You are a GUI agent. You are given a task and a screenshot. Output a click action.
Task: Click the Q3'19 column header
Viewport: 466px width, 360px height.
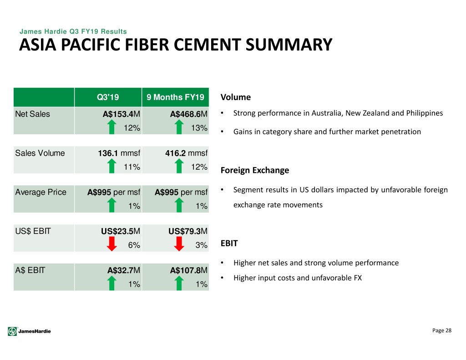coord(107,97)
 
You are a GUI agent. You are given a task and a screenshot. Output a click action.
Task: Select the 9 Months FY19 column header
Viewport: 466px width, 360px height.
coord(175,97)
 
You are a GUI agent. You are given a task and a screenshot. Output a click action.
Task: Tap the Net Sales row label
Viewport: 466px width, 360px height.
coord(32,114)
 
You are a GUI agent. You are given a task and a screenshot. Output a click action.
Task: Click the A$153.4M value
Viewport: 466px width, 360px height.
coord(121,114)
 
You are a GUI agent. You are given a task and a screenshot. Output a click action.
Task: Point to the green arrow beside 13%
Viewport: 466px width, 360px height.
coord(179,127)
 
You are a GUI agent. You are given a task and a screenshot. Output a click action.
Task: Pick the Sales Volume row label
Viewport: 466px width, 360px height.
coord(40,153)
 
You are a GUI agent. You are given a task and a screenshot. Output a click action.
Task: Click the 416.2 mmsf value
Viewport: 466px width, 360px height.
coord(186,153)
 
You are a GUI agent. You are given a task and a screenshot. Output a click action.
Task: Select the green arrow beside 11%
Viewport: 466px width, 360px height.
coord(112,166)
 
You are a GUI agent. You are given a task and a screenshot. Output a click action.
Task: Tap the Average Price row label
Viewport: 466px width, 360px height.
coord(41,192)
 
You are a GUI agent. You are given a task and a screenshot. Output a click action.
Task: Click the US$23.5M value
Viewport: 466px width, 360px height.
coord(120,231)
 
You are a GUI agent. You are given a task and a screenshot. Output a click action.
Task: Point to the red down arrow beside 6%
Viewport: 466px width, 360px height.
coord(112,244)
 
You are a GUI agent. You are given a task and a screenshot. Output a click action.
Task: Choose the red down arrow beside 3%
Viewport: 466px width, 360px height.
coord(179,244)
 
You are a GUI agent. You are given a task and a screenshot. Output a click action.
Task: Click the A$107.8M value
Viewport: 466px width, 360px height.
coord(189,270)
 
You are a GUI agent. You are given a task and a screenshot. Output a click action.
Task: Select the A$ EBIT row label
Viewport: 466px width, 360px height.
coord(30,270)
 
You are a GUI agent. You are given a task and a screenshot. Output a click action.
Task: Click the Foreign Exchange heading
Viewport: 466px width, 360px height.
coord(255,170)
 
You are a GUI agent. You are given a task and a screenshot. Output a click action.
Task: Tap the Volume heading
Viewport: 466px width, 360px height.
coord(236,97)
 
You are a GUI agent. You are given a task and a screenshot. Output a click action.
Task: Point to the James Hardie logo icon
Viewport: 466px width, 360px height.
coord(12,331)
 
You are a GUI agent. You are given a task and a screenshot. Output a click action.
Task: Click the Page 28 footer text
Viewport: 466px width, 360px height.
coord(441,330)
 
